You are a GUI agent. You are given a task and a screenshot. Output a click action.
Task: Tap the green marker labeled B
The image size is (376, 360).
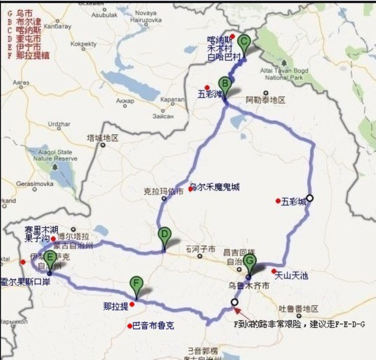coord(224,85)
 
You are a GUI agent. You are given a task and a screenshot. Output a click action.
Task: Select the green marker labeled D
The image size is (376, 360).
coord(164,235)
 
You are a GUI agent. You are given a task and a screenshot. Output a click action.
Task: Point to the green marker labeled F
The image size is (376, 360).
coord(136,284)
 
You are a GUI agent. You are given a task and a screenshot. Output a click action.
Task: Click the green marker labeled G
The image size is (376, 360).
coord(249,262)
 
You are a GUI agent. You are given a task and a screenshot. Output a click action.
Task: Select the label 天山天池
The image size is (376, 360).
coord(291,275)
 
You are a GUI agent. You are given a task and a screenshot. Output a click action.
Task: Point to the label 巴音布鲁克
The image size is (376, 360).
coord(153,325)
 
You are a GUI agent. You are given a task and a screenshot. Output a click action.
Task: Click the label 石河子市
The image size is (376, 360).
coord(200,248)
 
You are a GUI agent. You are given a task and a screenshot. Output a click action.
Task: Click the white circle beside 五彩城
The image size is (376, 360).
coord(309,198)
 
